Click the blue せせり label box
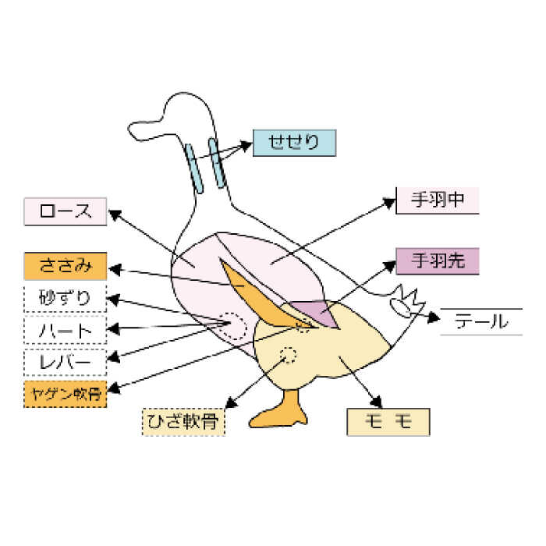click(294, 143)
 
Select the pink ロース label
click(65, 211)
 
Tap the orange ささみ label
click(65, 266)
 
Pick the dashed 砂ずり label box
click(65, 298)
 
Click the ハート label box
click(65, 330)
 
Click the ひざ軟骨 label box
click(183, 421)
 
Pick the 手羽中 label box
click(437, 200)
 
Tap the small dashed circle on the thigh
click(289, 356)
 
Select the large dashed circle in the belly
click(231, 326)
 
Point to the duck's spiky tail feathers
click(409, 300)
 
